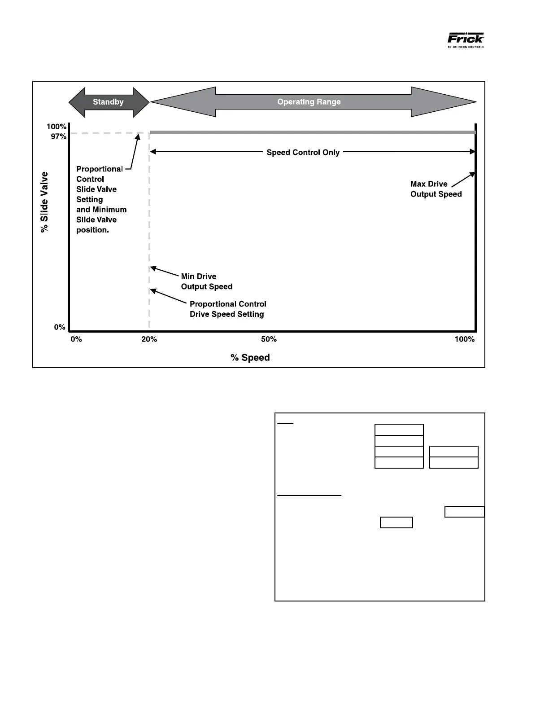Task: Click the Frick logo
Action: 466,39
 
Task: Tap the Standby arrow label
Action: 108,102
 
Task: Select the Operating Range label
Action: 309,102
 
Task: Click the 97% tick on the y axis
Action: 59,136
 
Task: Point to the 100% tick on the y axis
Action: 57,127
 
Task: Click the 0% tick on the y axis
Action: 60,327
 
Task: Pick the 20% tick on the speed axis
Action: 149,339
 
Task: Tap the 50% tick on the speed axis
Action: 269,339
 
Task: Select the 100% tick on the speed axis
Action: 464,339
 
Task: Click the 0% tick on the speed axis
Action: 76,339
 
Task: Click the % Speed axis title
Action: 250,358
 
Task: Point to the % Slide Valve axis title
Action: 44,202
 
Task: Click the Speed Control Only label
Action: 303,153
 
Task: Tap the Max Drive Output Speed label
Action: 436,189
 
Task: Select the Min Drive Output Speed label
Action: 206,281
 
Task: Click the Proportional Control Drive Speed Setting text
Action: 227,309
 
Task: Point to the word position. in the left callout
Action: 92,230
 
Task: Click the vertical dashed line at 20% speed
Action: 149,224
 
